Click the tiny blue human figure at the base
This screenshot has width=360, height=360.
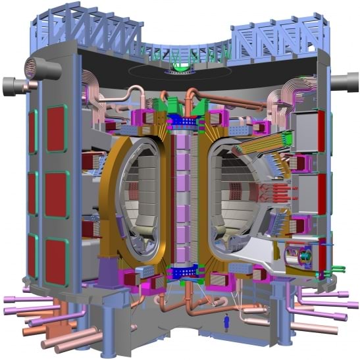pos(227,322)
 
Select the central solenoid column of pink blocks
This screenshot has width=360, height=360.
pos(180,191)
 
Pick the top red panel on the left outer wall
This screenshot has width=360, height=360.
pos(56,132)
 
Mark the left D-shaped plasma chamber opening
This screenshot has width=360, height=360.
pos(138,197)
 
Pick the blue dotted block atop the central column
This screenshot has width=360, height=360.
pos(180,122)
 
